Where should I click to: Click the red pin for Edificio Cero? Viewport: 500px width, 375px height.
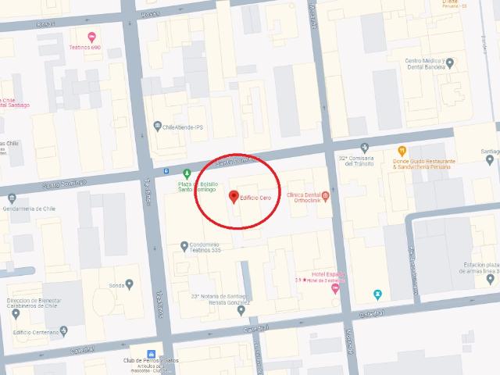(232, 195)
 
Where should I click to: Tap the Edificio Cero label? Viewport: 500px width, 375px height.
(256, 195)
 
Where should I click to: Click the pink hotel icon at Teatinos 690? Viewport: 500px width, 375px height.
(92, 37)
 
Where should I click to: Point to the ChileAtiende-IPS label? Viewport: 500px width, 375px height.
(182, 125)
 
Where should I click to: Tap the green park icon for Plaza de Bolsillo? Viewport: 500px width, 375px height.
(186, 172)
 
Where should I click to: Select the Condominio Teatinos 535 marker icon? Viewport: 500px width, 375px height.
(184, 247)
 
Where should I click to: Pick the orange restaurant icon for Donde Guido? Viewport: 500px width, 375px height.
(402, 150)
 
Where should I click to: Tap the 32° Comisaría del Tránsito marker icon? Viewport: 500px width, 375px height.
(364, 147)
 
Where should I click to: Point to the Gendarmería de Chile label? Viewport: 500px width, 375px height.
(30, 208)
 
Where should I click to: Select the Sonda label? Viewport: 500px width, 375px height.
(118, 285)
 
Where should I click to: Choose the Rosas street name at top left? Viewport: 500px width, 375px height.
(46, 24)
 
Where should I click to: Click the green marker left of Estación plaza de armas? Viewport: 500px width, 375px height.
(377, 293)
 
